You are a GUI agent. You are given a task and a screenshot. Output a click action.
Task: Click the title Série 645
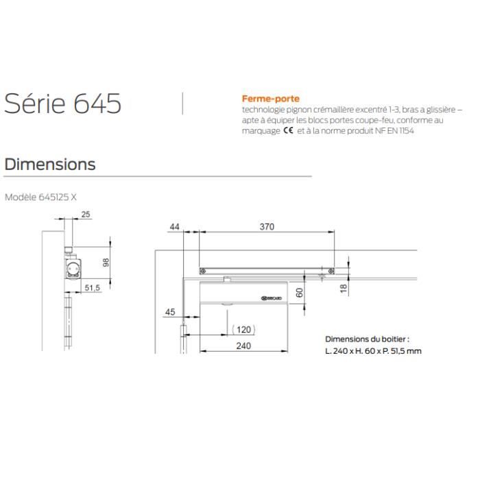63,104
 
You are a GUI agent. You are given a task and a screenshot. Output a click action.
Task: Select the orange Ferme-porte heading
270,99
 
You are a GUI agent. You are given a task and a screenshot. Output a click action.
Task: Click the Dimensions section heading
49,165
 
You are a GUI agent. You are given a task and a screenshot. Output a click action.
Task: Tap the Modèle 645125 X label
41,196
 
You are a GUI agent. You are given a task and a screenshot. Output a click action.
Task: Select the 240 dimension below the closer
243,346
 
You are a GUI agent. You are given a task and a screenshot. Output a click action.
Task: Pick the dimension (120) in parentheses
243,328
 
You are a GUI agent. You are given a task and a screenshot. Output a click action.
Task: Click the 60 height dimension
299,292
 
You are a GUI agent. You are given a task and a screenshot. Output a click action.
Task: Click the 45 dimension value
171,312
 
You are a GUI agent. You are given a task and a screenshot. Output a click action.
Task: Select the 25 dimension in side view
86,215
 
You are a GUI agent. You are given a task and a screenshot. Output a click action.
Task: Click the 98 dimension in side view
105,263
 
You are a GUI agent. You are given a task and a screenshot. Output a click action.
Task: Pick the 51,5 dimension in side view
93,289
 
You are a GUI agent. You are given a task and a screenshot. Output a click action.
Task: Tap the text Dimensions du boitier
367,339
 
